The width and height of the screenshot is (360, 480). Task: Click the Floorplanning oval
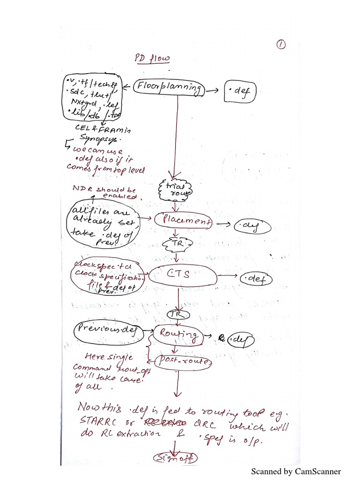click(x=169, y=88)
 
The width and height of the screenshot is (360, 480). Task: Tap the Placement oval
click(x=183, y=220)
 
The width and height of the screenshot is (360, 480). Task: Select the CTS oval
click(x=183, y=275)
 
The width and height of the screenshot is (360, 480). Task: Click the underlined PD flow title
click(x=146, y=59)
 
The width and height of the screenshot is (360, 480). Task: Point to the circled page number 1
click(x=281, y=44)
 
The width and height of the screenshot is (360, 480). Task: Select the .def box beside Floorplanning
click(x=241, y=93)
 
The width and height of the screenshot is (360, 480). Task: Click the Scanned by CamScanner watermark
click(x=296, y=471)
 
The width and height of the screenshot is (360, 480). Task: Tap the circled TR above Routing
click(x=178, y=314)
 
